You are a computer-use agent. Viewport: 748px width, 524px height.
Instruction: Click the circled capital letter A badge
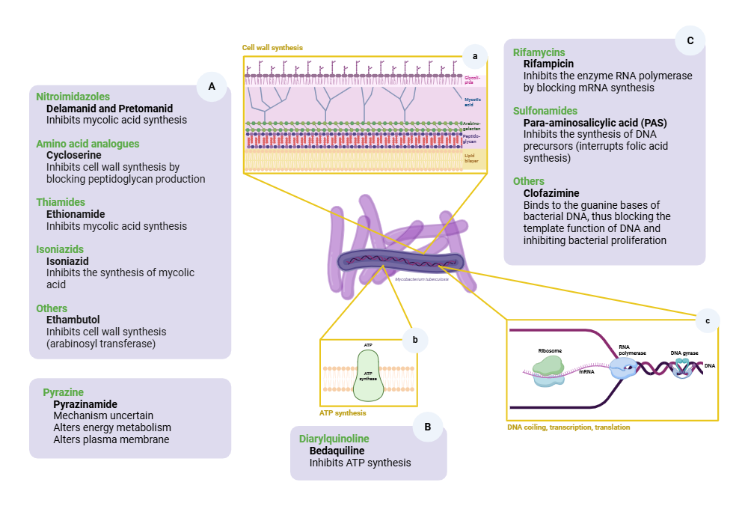coord(212,87)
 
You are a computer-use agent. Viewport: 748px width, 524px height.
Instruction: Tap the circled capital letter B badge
coord(427,427)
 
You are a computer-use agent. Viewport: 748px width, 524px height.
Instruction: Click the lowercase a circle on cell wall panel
coord(474,55)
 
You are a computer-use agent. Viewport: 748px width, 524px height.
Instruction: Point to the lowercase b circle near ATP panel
coord(414,340)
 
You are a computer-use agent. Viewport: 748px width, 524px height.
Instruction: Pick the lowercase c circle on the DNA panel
coord(707,320)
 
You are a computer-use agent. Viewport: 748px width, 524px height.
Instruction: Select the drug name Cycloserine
coord(73,155)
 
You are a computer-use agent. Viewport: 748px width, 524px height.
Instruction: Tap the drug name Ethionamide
coord(76,213)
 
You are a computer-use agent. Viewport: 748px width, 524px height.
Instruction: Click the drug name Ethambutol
coord(73,320)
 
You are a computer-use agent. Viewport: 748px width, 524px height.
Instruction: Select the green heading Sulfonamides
coord(545,111)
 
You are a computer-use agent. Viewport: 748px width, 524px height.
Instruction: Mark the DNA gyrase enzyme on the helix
coord(681,368)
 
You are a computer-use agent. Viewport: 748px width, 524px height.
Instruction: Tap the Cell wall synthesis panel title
coord(272,47)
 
